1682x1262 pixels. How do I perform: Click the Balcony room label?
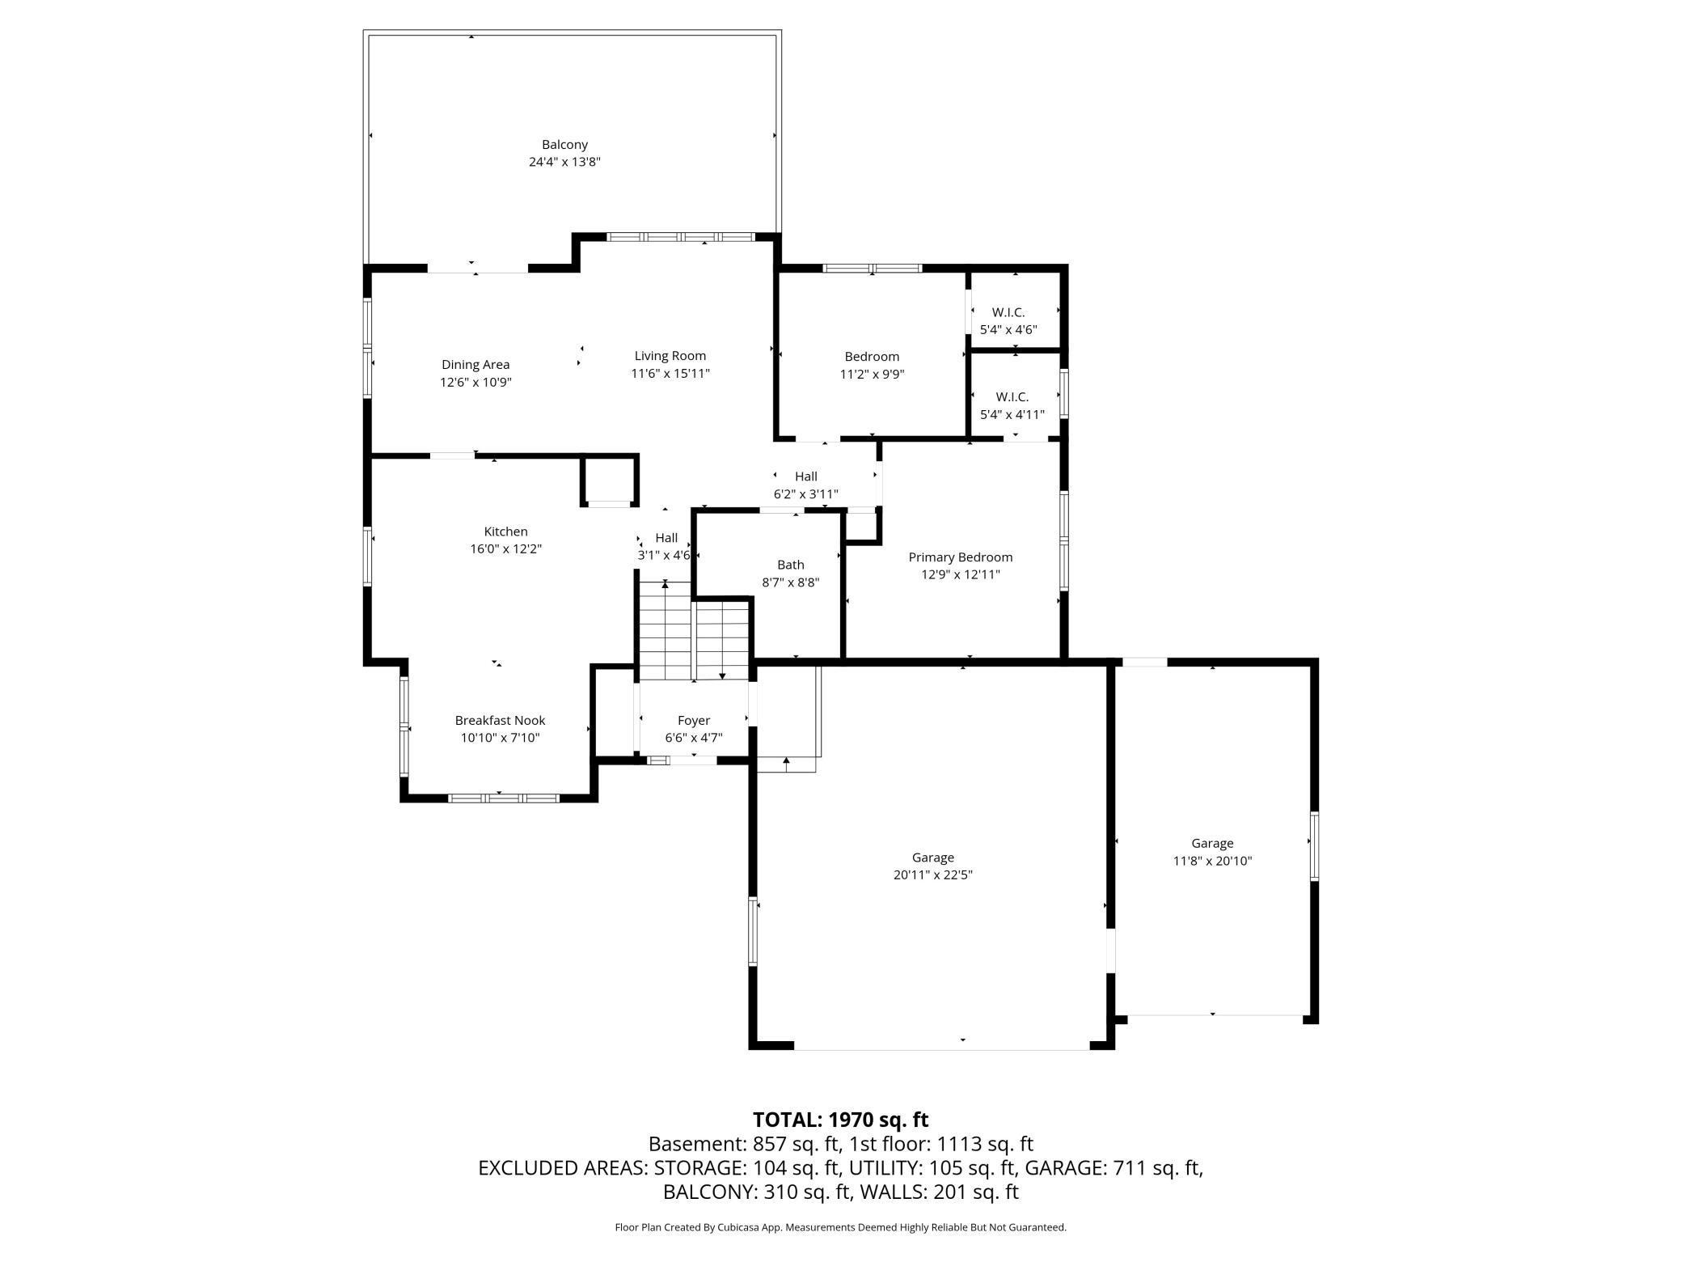(564, 145)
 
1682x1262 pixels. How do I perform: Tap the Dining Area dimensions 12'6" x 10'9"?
(475, 383)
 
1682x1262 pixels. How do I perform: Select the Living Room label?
(670, 356)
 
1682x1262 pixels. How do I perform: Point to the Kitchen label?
(505, 531)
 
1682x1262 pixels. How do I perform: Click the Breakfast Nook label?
(500, 720)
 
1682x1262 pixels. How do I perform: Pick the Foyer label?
(694, 720)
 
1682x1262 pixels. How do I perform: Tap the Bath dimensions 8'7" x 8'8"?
(791, 582)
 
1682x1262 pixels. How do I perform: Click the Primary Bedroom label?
(961, 557)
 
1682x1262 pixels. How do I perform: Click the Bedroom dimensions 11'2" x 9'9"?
(872, 375)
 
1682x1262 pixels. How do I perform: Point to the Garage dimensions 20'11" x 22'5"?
(933, 875)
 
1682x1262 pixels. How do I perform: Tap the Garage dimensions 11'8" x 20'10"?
(1212, 862)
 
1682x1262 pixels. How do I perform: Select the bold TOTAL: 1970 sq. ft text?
(840, 1120)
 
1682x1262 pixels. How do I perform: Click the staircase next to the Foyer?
(695, 631)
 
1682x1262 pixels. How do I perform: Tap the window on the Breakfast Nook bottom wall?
(503, 798)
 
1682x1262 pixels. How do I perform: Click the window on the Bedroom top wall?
(873, 269)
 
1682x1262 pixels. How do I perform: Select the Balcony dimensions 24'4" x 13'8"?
(564, 162)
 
